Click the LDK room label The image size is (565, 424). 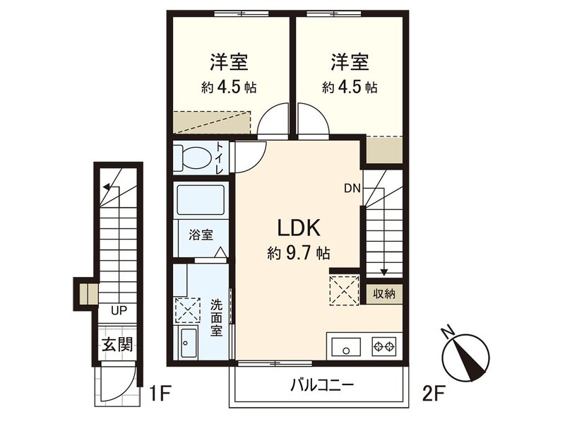point(299,228)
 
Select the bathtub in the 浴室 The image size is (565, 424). point(200,199)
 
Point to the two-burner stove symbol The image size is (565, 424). point(385,346)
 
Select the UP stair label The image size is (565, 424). point(117,310)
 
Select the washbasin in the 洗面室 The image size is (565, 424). point(190,345)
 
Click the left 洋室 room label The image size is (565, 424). point(227,62)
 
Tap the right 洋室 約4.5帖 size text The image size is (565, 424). point(350,88)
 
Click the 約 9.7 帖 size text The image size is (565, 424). point(299,252)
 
